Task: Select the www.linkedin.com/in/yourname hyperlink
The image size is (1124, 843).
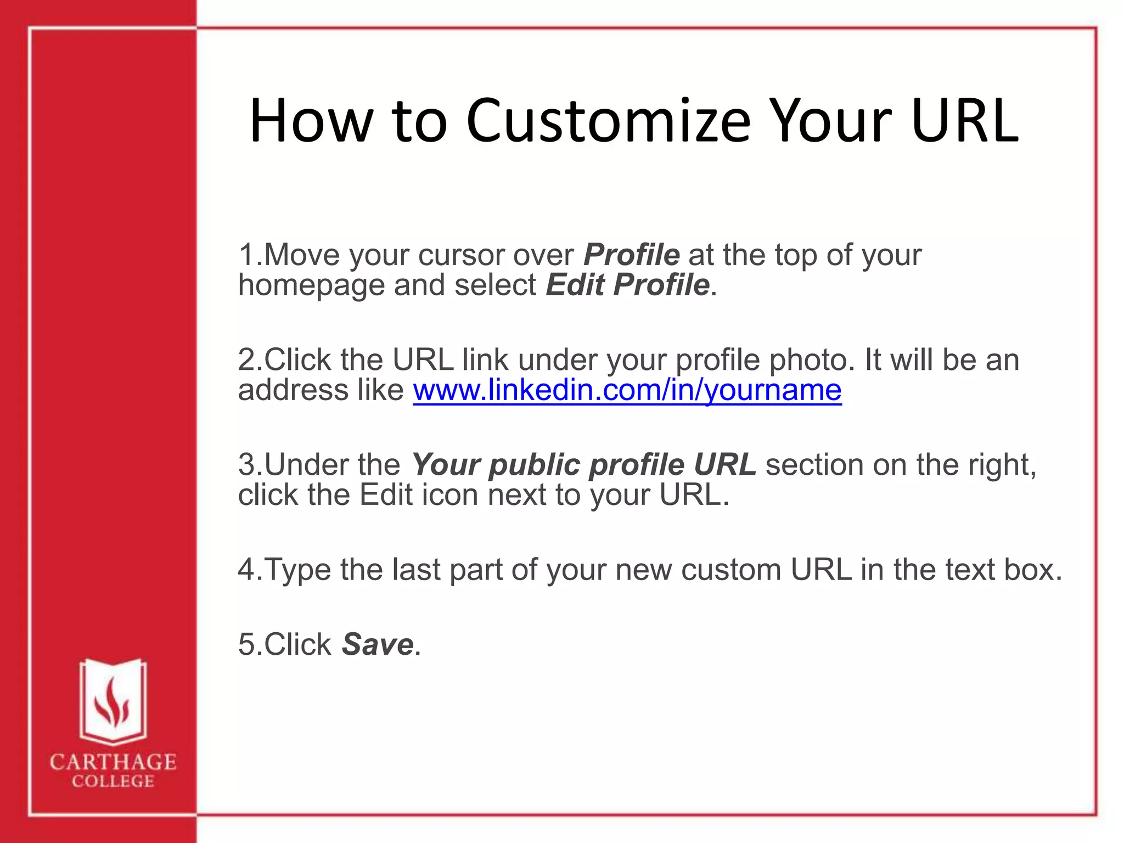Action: (x=627, y=390)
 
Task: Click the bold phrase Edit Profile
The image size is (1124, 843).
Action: (x=627, y=285)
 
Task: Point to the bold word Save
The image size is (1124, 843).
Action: (x=377, y=644)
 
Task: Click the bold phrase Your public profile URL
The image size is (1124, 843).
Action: (x=584, y=465)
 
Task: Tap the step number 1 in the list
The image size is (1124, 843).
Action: (x=246, y=255)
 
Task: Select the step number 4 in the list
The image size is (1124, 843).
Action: (x=246, y=570)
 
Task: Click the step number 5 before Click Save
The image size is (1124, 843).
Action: (x=246, y=644)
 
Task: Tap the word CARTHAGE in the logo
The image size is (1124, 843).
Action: (x=113, y=762)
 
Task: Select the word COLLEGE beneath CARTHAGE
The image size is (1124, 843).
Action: (x=113, y=782)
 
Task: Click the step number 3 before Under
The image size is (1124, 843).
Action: (x=246, y=465)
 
